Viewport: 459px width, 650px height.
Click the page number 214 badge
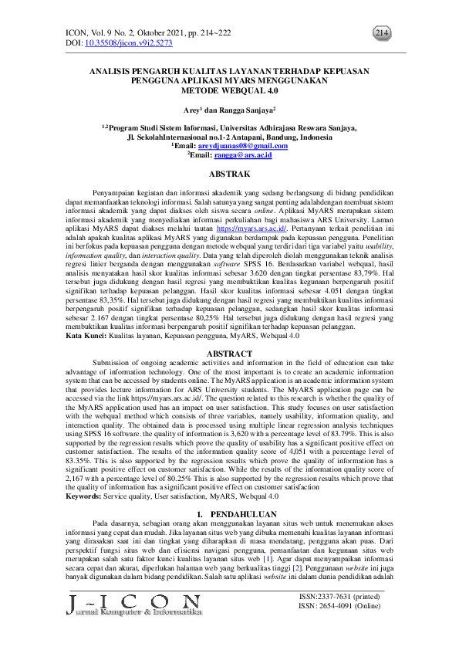381,32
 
